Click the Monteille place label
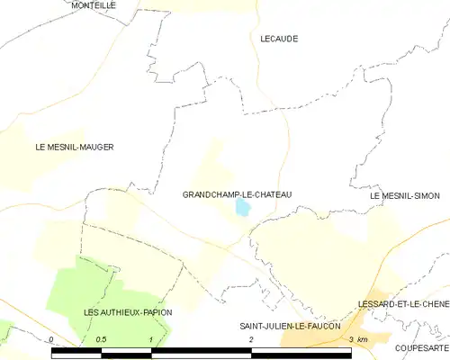93,5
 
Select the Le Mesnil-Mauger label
75,147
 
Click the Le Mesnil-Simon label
409,195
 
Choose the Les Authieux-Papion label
127,312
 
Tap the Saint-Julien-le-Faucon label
289,326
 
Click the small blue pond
243,208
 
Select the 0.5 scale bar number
101,339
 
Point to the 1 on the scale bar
151,339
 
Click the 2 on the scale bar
251,339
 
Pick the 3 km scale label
357,339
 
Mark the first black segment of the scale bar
76,352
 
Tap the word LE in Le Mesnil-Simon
375,195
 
